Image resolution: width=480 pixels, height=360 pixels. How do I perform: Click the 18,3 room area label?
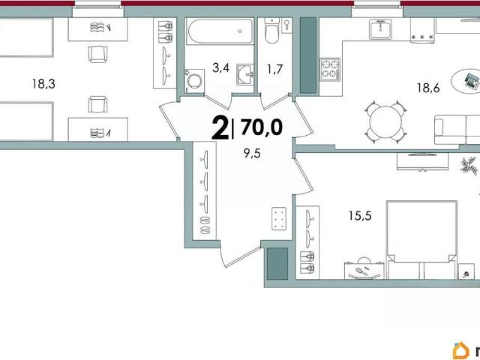(43, 83)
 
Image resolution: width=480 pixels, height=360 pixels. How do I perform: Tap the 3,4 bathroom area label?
(220, 67)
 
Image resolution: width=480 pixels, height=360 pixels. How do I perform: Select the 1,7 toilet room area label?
(274, 70)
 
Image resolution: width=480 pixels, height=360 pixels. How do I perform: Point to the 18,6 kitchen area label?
(428, 88)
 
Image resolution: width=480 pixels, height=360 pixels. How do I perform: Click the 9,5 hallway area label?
(252, 153)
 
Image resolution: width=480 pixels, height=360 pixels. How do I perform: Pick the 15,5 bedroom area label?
(360, 216)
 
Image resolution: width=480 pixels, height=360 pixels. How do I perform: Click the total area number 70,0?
(262, 127)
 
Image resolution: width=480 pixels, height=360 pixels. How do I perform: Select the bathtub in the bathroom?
(220, 31)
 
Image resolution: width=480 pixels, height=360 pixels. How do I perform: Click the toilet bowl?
(271, 31)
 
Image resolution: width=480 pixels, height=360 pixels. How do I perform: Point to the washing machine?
(194, 81)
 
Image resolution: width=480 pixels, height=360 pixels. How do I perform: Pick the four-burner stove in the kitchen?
(330, 69)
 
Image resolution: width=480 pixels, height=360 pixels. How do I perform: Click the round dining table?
(385, 122)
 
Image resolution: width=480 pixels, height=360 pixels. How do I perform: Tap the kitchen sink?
(380, 29)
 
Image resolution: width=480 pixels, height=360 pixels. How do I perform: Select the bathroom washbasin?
(245, 74)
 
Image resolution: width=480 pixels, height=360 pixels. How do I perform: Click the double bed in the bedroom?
(421, 240)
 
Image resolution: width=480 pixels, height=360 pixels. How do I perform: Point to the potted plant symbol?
(469, 166)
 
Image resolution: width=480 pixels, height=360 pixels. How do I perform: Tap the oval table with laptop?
(465, 80)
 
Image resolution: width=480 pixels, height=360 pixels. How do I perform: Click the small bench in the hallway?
(279, 218)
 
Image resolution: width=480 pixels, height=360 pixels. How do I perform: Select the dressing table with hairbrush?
(364, 270)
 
